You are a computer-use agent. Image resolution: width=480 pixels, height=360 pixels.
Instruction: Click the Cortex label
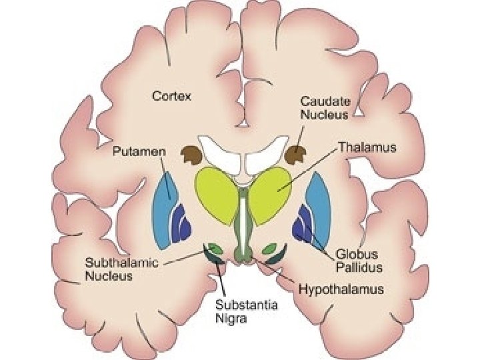171,96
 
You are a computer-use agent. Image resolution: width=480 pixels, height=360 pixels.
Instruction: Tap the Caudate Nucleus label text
324,107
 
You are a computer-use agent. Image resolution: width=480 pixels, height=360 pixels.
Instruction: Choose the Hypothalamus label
341,289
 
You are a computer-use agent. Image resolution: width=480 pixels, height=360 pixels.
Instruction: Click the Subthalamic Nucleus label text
121,268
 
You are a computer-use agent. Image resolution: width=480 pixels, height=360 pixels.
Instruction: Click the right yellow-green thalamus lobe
269,193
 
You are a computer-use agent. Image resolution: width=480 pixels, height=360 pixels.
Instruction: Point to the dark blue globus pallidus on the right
303,223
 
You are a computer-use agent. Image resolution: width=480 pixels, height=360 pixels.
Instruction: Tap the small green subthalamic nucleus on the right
271,249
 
